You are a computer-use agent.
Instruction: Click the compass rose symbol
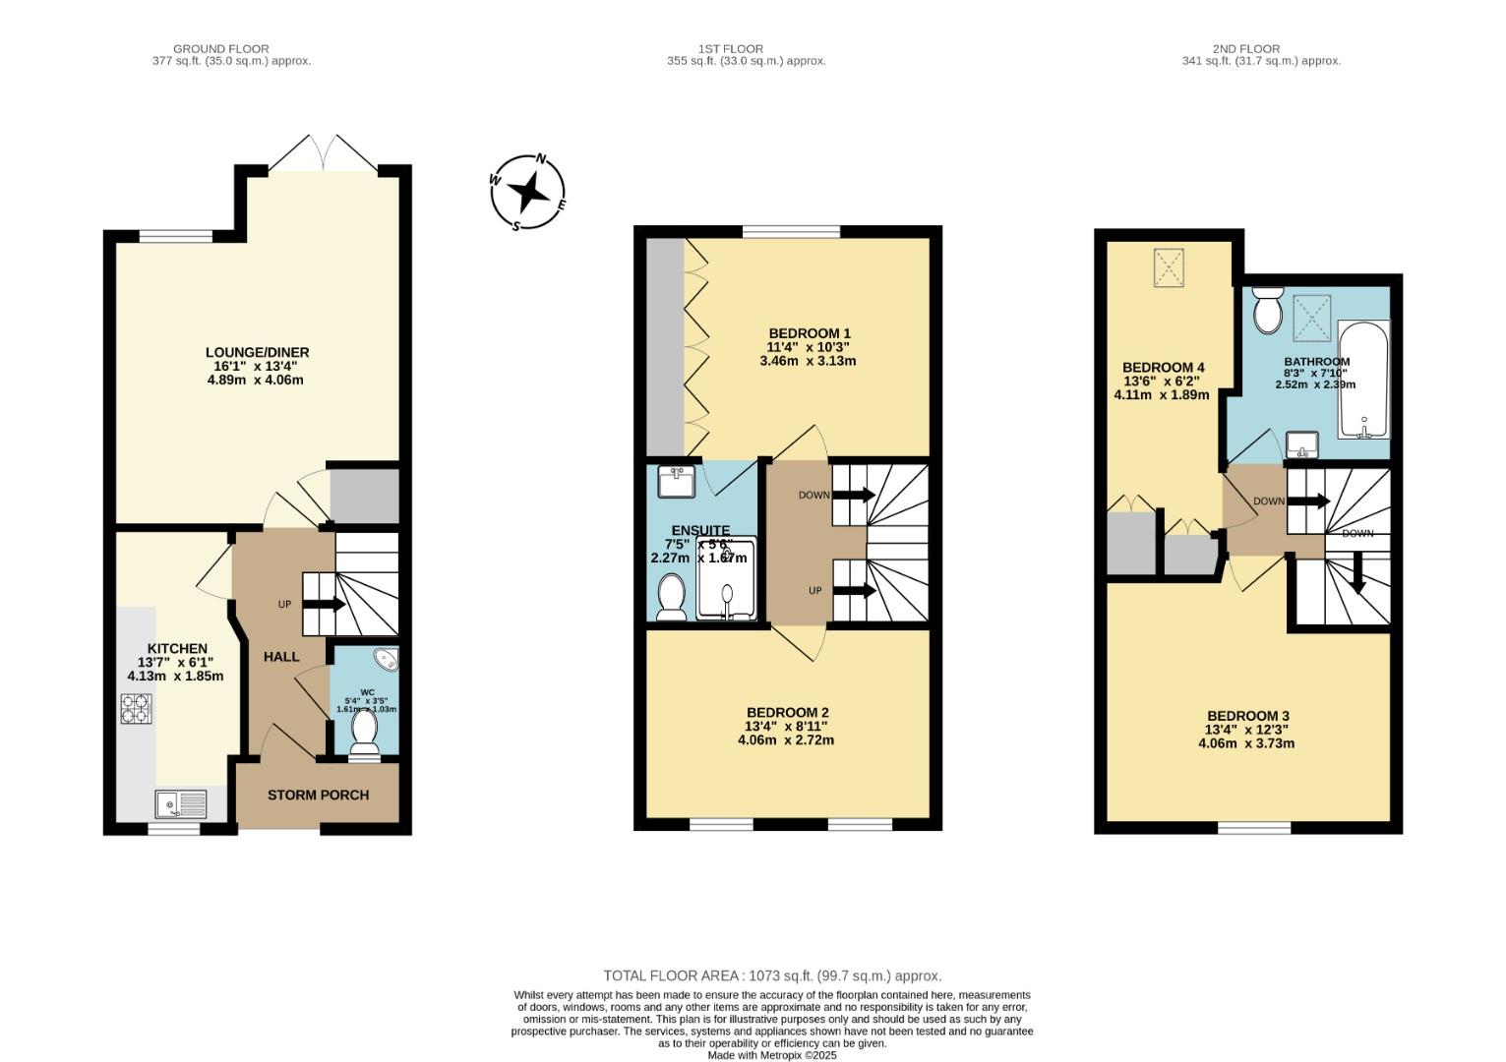pyautogui.click(x=528, y=192)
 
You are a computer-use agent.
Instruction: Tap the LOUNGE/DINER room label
pyautogui.click(x=257, y=353)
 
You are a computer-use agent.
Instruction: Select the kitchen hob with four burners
pyautogui.click(x=136, y=708)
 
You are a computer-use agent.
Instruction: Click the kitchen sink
pyautogui.click(x=181, y=804)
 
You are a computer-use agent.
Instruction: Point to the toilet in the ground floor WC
pyautogui.click(x=364, y=733)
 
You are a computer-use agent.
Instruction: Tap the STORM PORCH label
pyautogui.click(x=318, y=795)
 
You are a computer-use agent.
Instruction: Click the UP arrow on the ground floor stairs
pyautogui.click(x=323, y=604)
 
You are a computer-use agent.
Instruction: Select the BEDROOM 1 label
pyautogui.click(x=809, y=333)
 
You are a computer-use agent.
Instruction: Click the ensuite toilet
pyautogui.click(x=672, y=597)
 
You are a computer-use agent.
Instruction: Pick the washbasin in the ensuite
pyautogui.click(x=676, y=481)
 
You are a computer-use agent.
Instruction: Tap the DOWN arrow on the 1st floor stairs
pyautogui.click(x=853, y=495)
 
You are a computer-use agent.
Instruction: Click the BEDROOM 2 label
pyautogui.click(x=787, y=712)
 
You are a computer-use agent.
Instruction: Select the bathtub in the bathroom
pyautogui.click(x=1362, y=380)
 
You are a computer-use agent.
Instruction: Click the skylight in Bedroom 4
pyautogui.click(x=1168, y=267)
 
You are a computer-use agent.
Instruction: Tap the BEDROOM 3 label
pyautogui.click(x=1247, y=716)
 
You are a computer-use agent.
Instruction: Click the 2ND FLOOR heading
pyautogui.click(x=1246, y=48)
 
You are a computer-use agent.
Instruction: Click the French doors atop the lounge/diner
pyautogui.click(x=324, y=153)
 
